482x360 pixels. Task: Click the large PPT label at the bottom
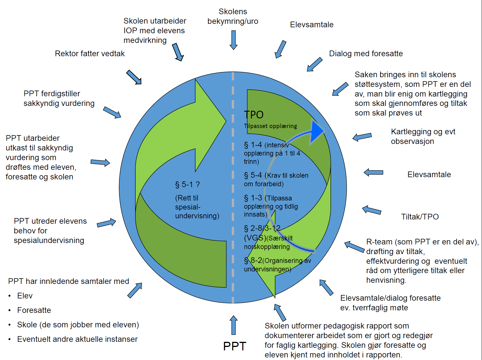pos(235,346)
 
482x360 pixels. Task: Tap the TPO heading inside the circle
pos(254,115)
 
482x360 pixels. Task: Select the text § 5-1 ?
pos(187,185)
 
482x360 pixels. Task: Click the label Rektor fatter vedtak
pos(90,53)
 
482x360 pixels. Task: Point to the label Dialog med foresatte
pos(366,53)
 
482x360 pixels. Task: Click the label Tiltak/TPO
pos(420,217)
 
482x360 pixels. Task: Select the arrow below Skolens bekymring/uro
pos(233,40)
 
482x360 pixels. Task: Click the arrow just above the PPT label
pos(233,325)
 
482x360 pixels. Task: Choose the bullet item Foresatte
pos(34,310)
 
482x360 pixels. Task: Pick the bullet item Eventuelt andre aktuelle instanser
pos(77,339)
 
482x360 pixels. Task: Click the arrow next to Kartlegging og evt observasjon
pos(362,137)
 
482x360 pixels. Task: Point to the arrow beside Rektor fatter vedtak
pos(134,77)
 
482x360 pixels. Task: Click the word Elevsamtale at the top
pos(311,25)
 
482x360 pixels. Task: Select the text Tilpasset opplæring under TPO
pos(270,126)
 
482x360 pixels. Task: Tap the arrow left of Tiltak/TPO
pos(372,210)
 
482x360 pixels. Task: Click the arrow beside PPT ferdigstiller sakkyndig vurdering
pos(112,112)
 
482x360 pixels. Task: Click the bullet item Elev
pos(25,296)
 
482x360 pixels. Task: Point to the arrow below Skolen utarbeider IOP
pos(178,52)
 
